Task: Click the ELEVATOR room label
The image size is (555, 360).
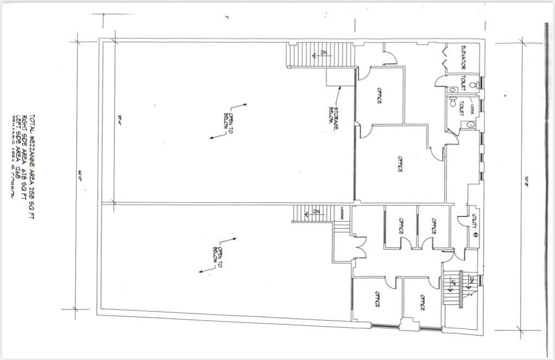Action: point(463,58)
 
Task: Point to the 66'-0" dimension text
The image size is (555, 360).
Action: point(79,175)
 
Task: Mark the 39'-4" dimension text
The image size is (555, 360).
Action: point(119,117)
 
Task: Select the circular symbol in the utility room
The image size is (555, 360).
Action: point(475,235)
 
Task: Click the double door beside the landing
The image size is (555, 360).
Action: point(359,248)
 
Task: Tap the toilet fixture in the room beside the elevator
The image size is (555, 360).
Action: point(473,85)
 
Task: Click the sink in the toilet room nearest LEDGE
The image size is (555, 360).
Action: point(471,124)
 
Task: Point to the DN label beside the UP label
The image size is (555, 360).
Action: point(472,280)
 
